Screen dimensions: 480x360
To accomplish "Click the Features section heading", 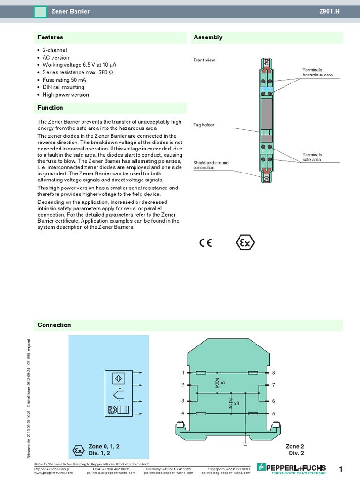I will [x=50, y=37].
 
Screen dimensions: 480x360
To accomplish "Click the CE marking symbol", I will [x=206, y=243].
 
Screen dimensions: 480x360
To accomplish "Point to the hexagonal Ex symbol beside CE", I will [x=245, y=243].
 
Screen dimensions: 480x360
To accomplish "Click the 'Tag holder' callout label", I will [x=203, y=125].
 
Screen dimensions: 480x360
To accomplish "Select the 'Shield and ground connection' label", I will [x=210, y=165].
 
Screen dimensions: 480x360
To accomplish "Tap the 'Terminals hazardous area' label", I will [x=317, y=72].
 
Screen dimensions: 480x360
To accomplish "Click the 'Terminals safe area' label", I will [x=312, y=157].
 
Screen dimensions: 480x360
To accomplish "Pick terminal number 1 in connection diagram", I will [x=183, y=373].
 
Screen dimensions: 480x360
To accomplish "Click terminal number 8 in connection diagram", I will [x=273, y=373].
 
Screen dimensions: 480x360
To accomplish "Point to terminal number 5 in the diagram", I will [x=273, y=413].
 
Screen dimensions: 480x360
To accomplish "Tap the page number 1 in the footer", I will [x=341, y=469].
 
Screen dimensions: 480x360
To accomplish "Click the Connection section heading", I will [x=54, y=325].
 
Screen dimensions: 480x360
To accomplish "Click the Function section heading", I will [x=50, y=108].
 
